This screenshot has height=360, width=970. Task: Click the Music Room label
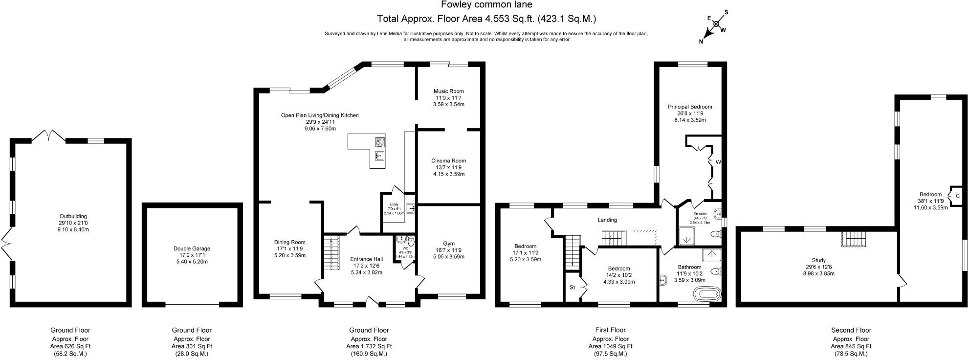[x=448, y=91]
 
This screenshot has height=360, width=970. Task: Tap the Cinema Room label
[x=448, y=160]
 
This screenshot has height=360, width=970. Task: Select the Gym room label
[x=448, y=244]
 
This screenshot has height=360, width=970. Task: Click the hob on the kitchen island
[x=380, y=142]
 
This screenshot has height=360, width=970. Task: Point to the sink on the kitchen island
[x=379, y=156]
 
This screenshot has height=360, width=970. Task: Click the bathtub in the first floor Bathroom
[x=707, y=294]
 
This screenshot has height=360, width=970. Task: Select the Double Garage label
[x=192, y=248]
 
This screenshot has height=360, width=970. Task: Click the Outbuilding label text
[x=73, y=216]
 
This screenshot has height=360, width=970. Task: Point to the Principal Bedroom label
[x=690, y=107]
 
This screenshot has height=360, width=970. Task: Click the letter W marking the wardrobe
[x=718, y=161]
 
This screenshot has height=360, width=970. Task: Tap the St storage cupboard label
[x=572, y=287]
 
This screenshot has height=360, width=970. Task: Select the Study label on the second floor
[x=818, y=260]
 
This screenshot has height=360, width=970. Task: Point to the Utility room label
[x=394, y=204]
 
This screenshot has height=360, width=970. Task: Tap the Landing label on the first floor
[x=607, y=220]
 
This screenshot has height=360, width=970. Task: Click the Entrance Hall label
[x=366, y=259]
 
